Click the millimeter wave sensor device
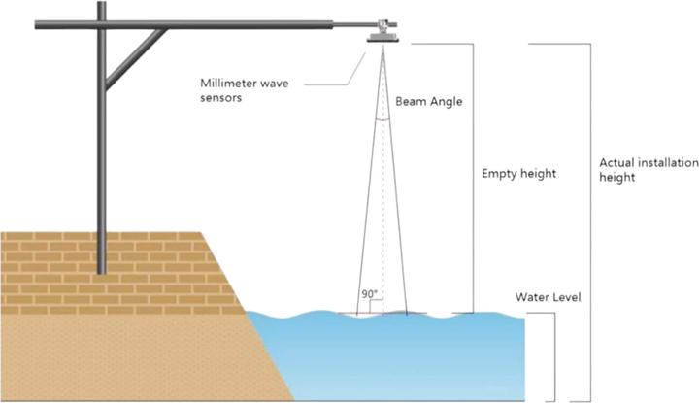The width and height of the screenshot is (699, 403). [x=384, y=32]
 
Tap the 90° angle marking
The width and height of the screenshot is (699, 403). [x=369, y=292]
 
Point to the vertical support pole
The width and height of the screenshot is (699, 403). [x=100, y=155]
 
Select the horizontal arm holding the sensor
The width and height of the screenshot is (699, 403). [x=243, y=24]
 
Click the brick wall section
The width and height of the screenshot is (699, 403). [x=97, y=262]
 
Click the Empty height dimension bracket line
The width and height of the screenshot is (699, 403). [x=473, y=175]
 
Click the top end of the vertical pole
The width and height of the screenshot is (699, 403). [x=100, y=6]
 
